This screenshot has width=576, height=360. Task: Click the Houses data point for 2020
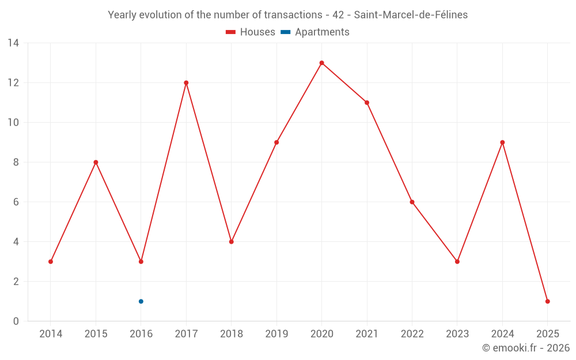click(x=321, y=63)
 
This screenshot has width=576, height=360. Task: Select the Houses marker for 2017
click(x=186, y=82)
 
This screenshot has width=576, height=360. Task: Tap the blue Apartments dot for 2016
click(x=141, y=301)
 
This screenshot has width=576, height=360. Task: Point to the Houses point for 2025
click(x=547, y=301)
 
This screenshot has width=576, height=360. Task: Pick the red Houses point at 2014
click(x=51, y=262)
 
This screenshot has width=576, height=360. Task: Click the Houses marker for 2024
click(x=502, y=142)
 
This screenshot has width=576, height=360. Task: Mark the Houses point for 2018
click(x=231, y=242)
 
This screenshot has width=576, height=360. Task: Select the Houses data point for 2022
click(x=412, y=202)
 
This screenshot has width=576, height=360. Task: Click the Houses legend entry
click(x=251, y=32)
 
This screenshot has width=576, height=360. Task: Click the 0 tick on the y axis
click(x=16, y=321)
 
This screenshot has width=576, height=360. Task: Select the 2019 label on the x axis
click(x=276, y=334)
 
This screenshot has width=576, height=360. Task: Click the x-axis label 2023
click(x=457, y=334)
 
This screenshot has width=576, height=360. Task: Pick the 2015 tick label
click(x=96, y=334)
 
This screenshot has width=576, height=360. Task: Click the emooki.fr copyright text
click(x=526, y=348)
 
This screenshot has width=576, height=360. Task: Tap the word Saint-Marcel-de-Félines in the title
click(x=411, y=15)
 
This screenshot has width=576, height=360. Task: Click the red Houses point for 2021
click(x=367, y=103)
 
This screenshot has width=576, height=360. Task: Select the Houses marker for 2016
click(x=141, y=262)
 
